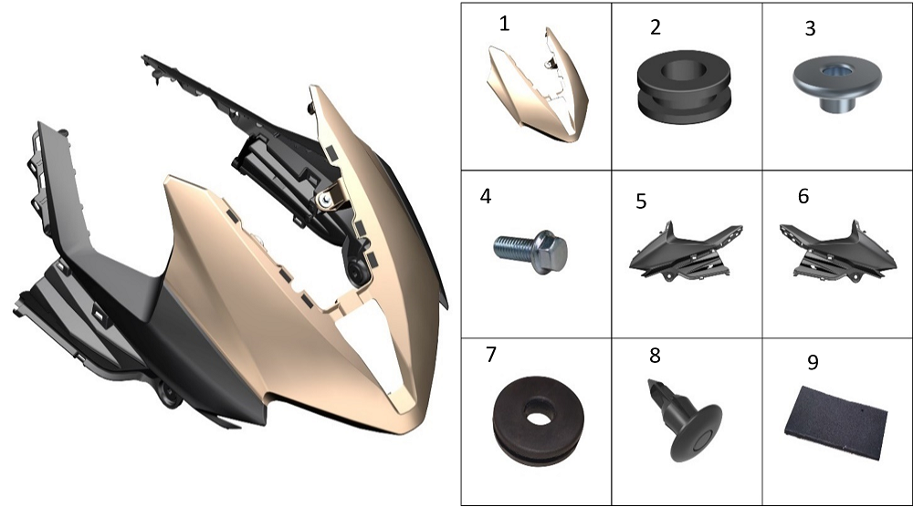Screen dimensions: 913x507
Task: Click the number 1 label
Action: click(x=504, y=24)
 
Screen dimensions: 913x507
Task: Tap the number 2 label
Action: click(x=655, y=27)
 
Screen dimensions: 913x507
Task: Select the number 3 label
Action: click(x=810, y=28)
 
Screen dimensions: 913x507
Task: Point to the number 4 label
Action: click(x=486, y=197)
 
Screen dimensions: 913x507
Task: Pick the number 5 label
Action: click(x=641, y=202)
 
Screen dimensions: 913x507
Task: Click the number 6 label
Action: click(x=803, y=196)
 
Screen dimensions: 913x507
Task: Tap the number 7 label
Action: click(x=491, y=354)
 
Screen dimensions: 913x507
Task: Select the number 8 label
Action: click(x=655, y=356)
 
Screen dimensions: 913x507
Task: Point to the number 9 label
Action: click(x=813, y=362)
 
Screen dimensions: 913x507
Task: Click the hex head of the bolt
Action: click(x=551, y=252)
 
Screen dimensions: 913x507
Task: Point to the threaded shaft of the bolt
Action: click(x=513, y=248)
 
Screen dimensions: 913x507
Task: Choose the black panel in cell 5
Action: click(x=686, y=252)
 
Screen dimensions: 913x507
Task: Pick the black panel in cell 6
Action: click(x=838, y=251)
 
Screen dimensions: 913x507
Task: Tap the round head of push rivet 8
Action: click(x=697, y=433)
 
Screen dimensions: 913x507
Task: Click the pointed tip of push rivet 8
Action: click(x=650, y=382)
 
